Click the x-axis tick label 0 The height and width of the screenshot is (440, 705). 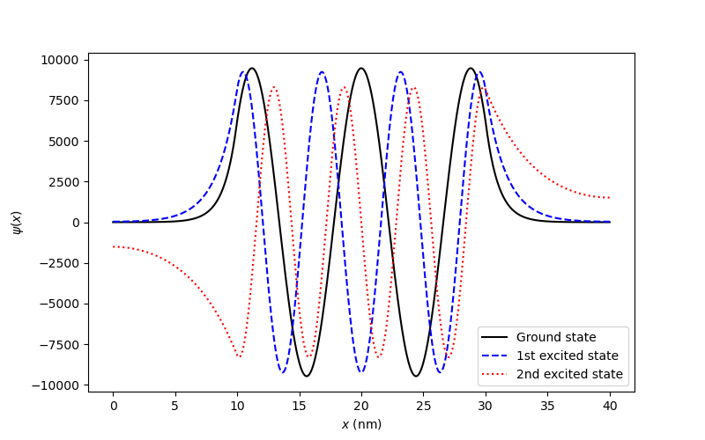113,406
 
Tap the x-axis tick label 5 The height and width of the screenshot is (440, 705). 175,406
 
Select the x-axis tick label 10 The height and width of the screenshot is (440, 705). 237,406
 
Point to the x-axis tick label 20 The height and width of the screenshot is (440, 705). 361,406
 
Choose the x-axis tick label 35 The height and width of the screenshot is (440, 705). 547,406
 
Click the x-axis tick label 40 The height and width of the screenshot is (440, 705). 609,406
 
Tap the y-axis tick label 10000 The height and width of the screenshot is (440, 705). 60,60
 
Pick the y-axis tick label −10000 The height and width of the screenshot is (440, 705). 56,385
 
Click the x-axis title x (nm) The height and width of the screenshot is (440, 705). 361,423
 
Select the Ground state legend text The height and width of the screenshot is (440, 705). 556,337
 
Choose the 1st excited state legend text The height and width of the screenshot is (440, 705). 567,356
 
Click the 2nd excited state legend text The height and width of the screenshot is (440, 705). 569,374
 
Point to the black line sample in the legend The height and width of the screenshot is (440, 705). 496,337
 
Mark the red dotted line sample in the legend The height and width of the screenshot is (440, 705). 496,374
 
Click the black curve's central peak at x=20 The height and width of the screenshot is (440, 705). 361,69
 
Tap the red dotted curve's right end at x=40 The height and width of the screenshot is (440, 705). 609,198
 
